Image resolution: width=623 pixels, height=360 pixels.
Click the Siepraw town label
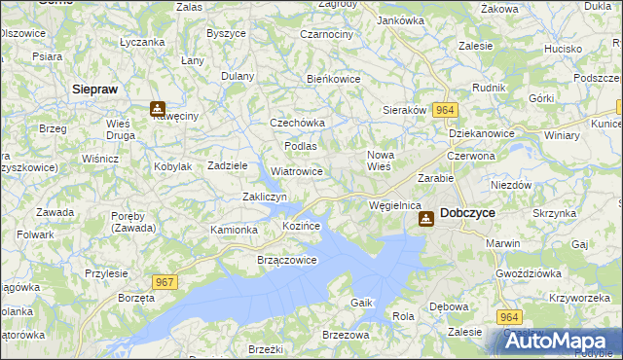(95, 89)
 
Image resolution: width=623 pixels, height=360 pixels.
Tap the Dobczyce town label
(469, 211)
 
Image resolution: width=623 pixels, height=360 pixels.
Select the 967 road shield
(165, 281)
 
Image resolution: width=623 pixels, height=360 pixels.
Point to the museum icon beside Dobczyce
(426, 220)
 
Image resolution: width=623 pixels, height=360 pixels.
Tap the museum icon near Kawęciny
(157, 110)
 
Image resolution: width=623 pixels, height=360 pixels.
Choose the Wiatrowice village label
(297, 171)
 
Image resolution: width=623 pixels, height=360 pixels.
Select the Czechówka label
(297, 123)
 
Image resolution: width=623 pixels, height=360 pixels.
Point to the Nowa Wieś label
(380, 161)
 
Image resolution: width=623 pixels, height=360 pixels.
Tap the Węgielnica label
(394, 205)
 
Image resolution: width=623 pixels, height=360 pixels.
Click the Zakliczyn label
(264, 197)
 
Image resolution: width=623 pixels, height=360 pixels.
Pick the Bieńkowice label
(334, 79)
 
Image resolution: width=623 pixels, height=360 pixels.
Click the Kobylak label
(173, 166)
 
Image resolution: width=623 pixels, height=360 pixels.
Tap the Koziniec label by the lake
(302, 226)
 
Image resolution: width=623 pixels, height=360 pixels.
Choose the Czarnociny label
(327, 34)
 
